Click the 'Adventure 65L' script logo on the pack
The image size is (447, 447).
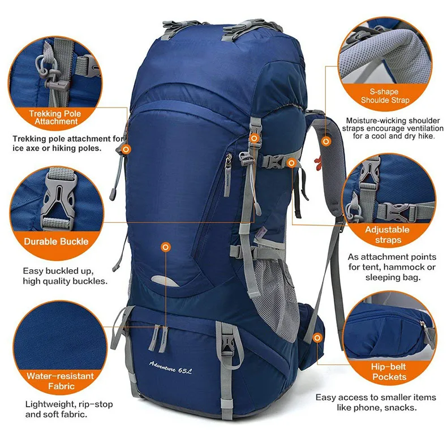(x=170, y=367)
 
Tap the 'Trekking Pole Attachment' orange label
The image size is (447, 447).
(x=55, y=118)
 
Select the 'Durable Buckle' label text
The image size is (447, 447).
(x=56, y=242)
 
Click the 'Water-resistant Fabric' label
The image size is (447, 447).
(x=61, y=381)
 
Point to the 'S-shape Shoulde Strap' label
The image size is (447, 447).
(x=385, y=96)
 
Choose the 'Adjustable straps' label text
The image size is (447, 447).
(x=388, y=235)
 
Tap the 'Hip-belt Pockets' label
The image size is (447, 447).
(x=389, y=372)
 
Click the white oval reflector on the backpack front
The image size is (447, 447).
(x=165, y=281)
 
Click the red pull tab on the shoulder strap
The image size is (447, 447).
(x=318, y=162)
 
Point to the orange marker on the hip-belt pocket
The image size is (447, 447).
(x=317, y=338)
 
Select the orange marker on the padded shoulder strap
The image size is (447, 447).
(x=326, y=141)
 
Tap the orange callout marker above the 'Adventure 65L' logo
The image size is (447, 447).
(x=166, y=247)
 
